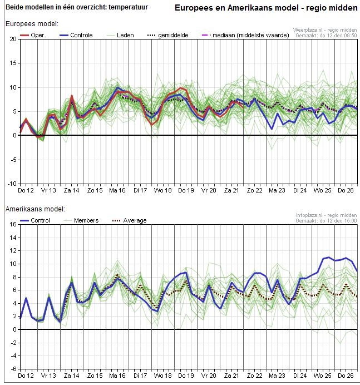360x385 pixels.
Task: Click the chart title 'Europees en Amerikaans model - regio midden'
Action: point(265,8)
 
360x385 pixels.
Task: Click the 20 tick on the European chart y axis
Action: point(13,40)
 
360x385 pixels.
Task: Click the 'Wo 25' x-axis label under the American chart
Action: point(323,376)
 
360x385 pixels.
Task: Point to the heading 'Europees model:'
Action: point(32,24)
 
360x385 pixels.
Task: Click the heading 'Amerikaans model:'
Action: point(35,209)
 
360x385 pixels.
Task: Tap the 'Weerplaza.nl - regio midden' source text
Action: point(325,30)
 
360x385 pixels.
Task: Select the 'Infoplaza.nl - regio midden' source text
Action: point(326,215)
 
